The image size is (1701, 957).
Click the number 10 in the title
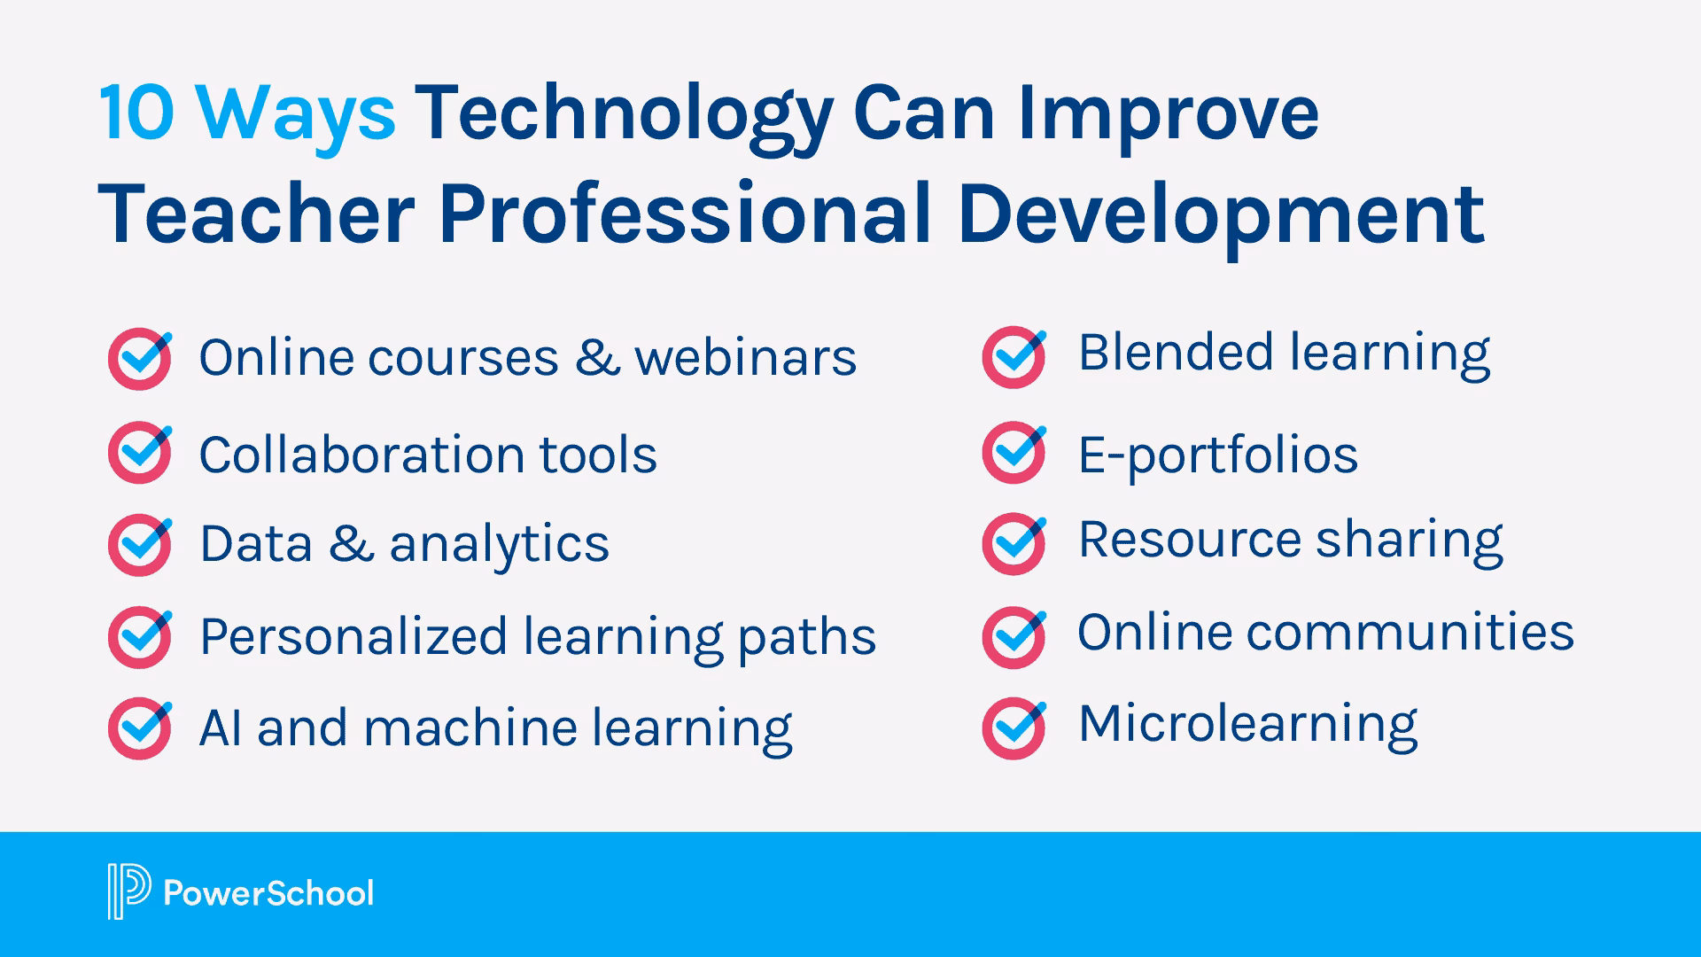pyautogui.click(x=136, y=113)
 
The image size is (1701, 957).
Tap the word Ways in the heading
pyautogui.click(x=296, y=115)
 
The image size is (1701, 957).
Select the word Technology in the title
pyautogui.click(x=624, y=115)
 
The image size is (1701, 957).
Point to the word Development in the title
pyautogui.click(x=1221, y=214)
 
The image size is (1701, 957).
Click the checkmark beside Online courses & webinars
pyautogui.click(x=140, y=359)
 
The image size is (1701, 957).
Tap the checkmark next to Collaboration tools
pyautogui.click(x=140, y=452)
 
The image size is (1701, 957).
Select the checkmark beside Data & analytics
pyautogui.click(x=140, y=544)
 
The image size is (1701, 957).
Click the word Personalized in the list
pyautogui.click(x=353, y=637)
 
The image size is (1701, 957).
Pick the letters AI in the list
pyautogui.click(x=220, y=728)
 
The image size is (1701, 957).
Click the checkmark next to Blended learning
pyautogui.click(x=1014, y=356)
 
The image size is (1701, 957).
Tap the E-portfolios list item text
pyautogui.click(x=1217, y=455)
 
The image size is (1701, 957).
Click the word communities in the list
pyautogui.click(x=1410, y=633)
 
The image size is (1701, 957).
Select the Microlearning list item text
pyautogui.click(x=1247, y=724)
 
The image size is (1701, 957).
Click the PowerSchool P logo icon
pyautogui.click(x=128, y=891)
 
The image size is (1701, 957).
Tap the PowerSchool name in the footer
pyautogui.click(x=268, y=893)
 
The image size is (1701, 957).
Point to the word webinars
pyautogui.click(x=745, y=358)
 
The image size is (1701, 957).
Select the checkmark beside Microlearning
pyautogui.click(x=1014, y=728)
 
